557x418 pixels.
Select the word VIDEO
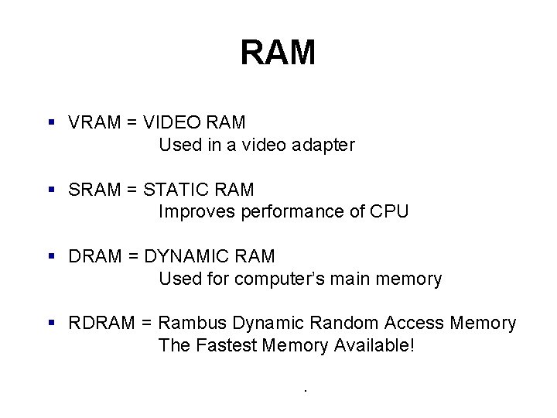click(x=173, y=122)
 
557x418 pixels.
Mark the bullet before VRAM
click(x=50, y=122)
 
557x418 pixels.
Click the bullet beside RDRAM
click(x=50, y=323)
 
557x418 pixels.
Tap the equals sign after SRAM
click(x=132, y=189)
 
